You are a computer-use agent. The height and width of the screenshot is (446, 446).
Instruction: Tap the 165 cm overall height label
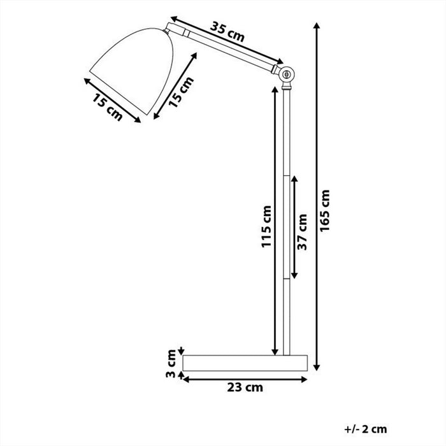(327, 212)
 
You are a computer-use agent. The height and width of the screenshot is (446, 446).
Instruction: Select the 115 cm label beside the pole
(266, 227)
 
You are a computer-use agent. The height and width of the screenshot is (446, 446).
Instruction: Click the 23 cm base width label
(244, 387)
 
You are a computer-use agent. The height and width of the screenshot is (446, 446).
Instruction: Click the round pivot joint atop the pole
(287, 74)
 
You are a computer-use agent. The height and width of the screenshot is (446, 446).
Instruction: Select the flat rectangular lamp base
(245, 363)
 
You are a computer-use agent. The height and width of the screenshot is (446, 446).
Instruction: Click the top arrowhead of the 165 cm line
(317, 25)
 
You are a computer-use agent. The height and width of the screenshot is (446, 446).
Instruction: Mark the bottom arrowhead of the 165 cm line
(317, 368)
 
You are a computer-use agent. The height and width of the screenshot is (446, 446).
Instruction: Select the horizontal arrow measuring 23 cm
(245, 378)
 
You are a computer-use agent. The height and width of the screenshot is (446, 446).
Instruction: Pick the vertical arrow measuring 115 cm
(275, 223)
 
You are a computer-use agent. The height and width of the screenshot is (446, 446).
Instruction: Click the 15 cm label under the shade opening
(107, 108)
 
